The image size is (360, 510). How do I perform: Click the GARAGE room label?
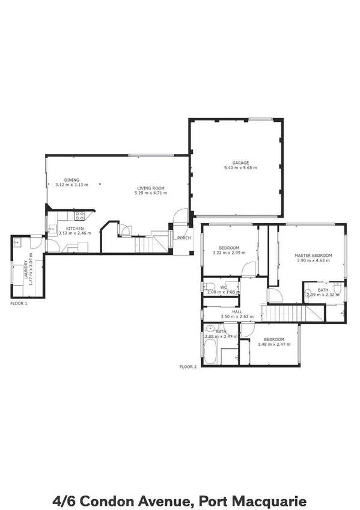(241, 162)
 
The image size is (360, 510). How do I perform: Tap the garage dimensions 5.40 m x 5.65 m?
(241, 168)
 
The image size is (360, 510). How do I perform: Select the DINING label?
(72, 180)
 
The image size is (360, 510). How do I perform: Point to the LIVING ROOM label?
(151, 188)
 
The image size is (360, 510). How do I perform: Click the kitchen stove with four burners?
(79, 216)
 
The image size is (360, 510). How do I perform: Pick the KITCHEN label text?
(75, 229)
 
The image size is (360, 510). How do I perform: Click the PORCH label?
(184, 238)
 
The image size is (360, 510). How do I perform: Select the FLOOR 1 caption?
(19, 304)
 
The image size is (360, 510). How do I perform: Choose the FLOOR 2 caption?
(188, 366)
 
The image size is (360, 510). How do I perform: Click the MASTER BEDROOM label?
(313, 256)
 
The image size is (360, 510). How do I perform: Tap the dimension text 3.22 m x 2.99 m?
(229, 253)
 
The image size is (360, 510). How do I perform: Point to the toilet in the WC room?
(209, 287)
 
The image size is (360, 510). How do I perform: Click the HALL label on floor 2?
(237, 312)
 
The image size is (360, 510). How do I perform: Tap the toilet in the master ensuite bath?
(338, 291)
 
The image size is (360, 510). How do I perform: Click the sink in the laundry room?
(17, 243)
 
